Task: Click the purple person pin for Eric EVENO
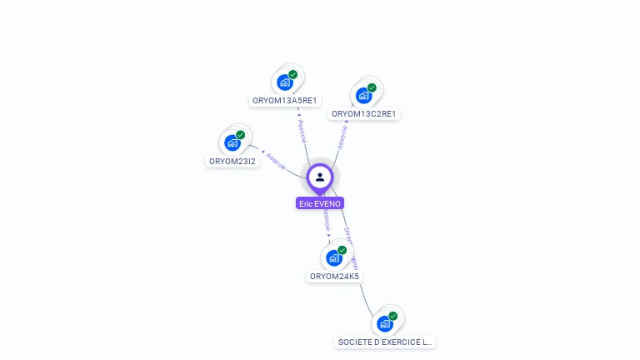click(320, 177)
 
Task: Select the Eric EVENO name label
click(320, 203)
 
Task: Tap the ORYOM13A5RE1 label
click(285, 101)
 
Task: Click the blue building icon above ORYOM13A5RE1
click(284, 82)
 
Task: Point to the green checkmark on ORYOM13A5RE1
click(293, 74)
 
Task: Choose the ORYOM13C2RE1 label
click(363, 114)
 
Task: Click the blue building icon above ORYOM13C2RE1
click(363, 96)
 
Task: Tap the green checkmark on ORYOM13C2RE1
click(372, 87)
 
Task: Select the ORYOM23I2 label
click(232, 162)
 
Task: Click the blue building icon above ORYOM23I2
click(232, 142)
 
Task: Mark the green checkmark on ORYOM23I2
click(241, 134)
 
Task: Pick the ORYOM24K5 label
click(334, 277)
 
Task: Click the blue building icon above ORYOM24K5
click(334, 257)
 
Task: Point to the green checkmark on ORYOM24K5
click(342, 249)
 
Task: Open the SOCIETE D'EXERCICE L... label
click(386, 342)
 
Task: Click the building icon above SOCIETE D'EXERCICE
click(384, 323)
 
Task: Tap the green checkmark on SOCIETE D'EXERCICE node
click(393, 315)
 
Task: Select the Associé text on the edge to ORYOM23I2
click(276, 161)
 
